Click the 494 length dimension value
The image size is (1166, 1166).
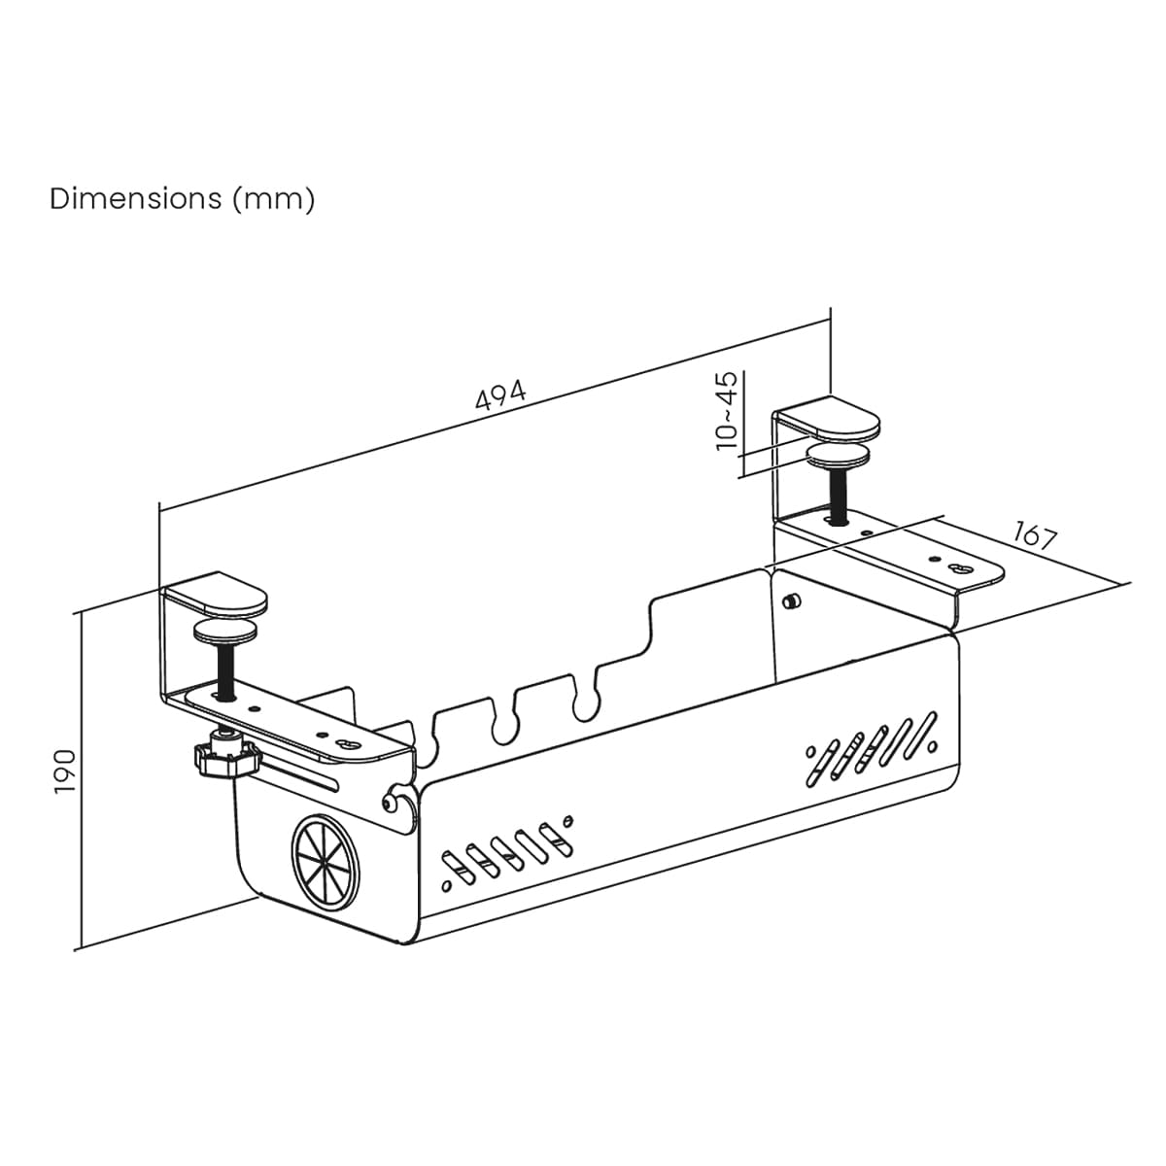[x=501, y=394]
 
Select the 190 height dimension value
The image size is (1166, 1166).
[x=65, y=772]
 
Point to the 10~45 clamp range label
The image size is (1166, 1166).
[x=727, y=411]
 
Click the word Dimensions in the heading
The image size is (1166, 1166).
[x=136, y=198]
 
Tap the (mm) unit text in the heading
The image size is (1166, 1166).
[x=274, y=200]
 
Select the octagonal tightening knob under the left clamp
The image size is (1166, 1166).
[x=227, y=756]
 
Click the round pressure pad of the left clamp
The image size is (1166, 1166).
[x=225, y=632]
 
